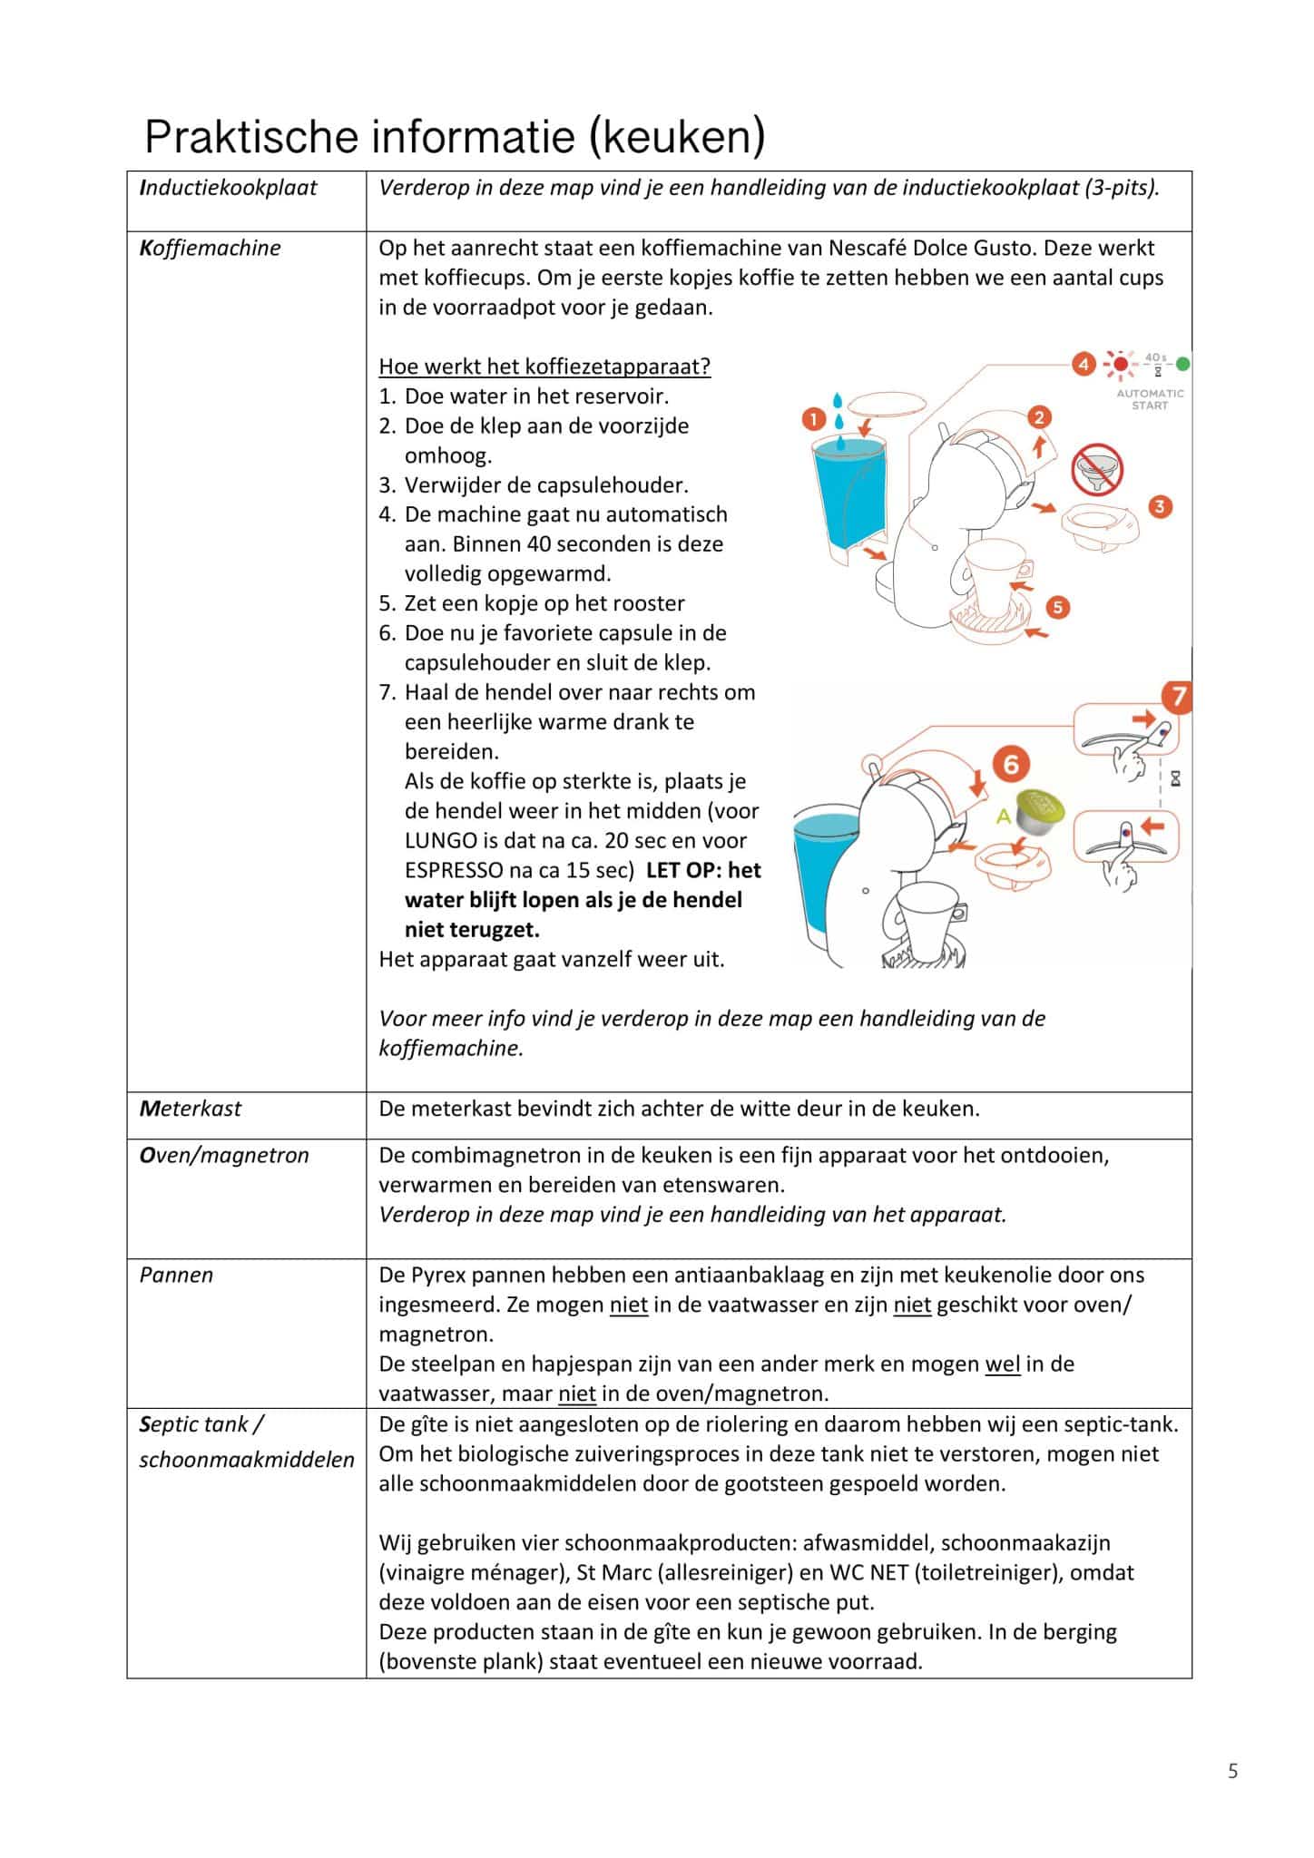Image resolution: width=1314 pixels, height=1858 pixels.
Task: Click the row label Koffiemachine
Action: coord(211,249)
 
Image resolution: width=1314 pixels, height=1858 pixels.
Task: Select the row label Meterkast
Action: coord(191,1108)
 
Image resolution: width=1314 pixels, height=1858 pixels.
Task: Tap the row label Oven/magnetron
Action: coord(224,1155)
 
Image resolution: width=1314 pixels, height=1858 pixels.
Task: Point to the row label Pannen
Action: coord(176,1275)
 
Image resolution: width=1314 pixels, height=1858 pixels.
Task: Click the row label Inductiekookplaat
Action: coord(229,188)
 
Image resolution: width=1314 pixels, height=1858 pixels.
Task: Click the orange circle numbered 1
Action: coord(814,418)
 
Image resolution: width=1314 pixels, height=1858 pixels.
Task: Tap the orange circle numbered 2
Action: coord(1039,416)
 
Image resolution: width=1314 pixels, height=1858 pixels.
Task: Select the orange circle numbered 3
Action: coord(1160,506)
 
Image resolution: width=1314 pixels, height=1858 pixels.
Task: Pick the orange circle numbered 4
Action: coord(1083,365)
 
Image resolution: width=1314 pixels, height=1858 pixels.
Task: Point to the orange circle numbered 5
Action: coord(1057,607)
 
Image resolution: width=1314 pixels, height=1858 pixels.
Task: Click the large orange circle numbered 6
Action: coord(1011,764)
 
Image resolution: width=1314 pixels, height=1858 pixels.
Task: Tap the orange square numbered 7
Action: coord(1177,697)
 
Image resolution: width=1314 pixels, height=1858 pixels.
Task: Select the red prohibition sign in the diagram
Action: coord(1097,470)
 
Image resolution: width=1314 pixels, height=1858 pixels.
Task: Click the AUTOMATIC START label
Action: coord(1150,399)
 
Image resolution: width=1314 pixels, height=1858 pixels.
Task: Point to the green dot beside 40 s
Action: coord(1182,365)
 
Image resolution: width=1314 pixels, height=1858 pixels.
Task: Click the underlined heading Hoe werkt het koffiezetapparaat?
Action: coord(544,367)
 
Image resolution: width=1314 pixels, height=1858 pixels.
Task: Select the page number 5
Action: coord(1232,1771)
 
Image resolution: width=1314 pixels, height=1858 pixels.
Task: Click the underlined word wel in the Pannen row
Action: coord(1003,1364)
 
